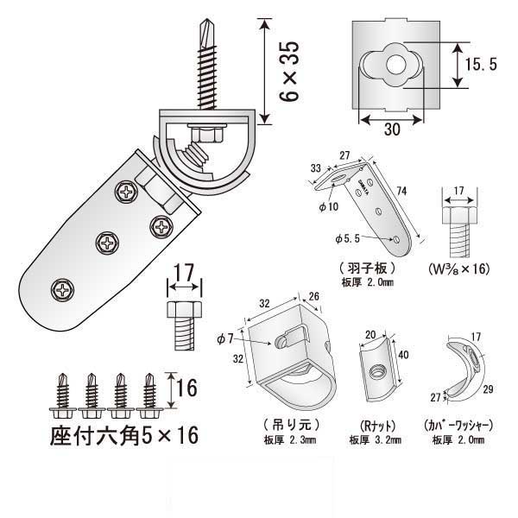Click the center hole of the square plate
[x=395, y=63]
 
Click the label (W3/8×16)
[x=458, y=268]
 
